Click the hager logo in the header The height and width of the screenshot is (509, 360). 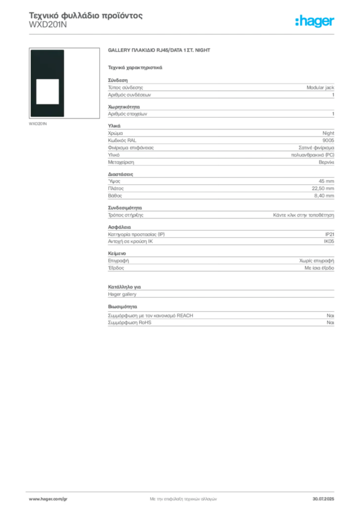coord(315,21)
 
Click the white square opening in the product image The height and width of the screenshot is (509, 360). coord(47,91)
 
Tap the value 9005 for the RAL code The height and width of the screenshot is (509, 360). coord(328,140)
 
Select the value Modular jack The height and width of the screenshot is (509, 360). coord(320,87)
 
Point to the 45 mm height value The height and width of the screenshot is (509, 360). coord(326,181)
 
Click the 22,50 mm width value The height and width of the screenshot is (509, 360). coord(323,188)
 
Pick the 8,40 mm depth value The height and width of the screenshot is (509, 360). coord(324,196)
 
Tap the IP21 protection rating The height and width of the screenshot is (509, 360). coord(330,235)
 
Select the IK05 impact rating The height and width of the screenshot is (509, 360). coord(329,242)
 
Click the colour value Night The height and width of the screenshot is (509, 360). coord(328,133)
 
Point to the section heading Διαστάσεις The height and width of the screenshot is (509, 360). coord(120,174)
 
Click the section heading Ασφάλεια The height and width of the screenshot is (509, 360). coord(119,227)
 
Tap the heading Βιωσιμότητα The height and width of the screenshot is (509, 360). coord(122,306)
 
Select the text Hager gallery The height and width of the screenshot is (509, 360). coord(122,294)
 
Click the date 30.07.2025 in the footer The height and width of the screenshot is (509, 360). coord(323,499)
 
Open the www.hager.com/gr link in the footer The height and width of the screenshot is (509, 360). coord(48,499)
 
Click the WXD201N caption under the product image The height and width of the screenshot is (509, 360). coord(38,124)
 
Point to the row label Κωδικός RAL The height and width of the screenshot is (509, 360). coord(122,140)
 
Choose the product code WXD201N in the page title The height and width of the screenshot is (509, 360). coord(48,25)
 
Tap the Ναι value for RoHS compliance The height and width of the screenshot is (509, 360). coord(331,323)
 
